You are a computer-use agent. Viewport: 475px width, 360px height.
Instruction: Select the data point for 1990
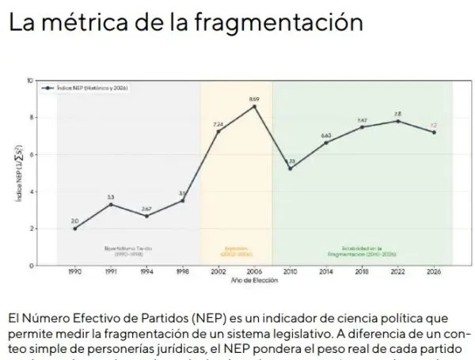tap(75, 228)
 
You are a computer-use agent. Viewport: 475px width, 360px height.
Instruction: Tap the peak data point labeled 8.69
tap(254, 106)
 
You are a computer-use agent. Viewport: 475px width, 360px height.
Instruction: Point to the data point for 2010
tap(291, 169)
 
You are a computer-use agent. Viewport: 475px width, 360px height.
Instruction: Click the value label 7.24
tap(218, 124)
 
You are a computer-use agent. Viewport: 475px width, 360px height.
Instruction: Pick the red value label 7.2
tap(433, 125)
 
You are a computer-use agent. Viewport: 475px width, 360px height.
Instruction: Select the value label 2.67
tap(146, 208)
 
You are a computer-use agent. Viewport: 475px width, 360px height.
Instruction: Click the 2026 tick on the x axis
tap(433, 271)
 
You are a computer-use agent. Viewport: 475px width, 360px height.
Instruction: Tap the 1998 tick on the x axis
tap(182, 271)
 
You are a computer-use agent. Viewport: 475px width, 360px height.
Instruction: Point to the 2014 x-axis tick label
tap(325, 271)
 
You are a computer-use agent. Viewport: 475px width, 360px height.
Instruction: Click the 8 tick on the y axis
tap(29, 117)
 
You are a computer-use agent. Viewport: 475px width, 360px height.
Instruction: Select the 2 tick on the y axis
tap(29, 229)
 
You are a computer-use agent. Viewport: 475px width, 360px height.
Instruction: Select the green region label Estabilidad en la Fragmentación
tap(361, 251)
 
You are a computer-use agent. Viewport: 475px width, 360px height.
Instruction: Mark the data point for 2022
tap(397, 121)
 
